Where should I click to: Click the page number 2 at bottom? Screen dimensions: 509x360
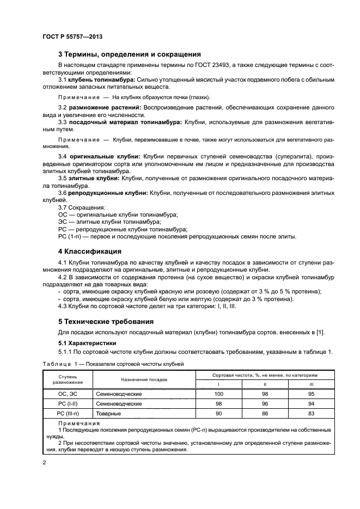click(x=44, y=462)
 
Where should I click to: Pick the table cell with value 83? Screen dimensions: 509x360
click(x=311, y=414)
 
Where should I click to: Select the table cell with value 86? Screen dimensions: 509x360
click(x=265, y=414)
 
